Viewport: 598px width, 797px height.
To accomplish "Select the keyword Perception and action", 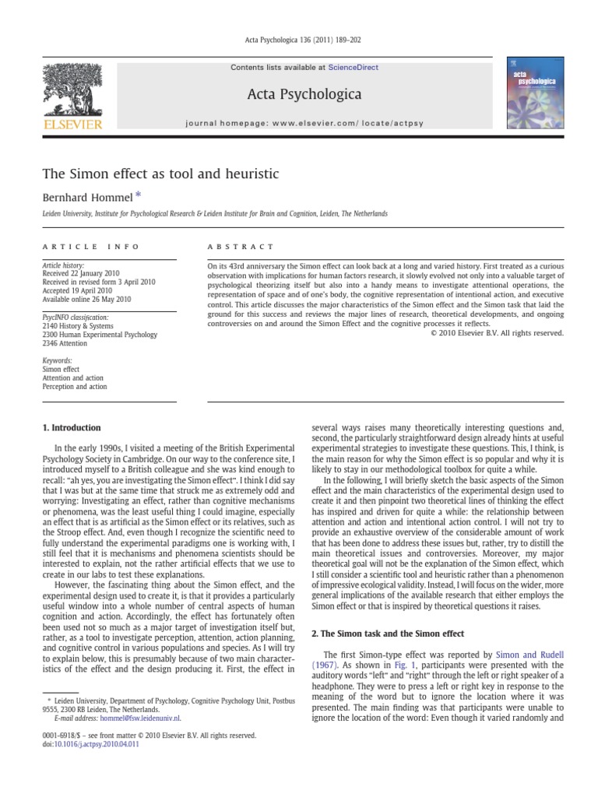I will click(75, 386).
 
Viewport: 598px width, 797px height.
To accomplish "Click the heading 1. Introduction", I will click(70, 427).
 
